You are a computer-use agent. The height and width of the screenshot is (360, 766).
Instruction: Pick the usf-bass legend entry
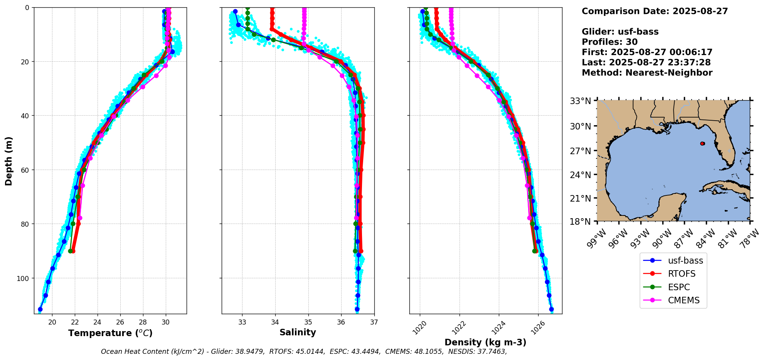point(673,261)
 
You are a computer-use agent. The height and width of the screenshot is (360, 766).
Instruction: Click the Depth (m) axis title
point(8,161)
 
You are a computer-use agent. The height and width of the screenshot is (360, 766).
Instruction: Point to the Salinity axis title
point(298,332)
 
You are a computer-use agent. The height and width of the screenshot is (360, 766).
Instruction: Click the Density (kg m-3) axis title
point(485,342)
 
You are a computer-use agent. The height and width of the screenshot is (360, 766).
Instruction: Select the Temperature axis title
point(110,333)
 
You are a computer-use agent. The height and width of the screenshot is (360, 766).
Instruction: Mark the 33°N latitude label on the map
point(581,101)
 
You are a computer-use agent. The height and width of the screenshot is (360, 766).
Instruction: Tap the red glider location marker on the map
point(702,143)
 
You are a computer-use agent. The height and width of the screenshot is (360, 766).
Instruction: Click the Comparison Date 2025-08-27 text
point(655,11)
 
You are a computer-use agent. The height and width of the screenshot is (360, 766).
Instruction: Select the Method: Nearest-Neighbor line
point(647,72)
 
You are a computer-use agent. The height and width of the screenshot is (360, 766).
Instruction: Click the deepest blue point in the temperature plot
point(40,309)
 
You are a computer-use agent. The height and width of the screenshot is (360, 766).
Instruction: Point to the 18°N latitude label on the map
point(581,222)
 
